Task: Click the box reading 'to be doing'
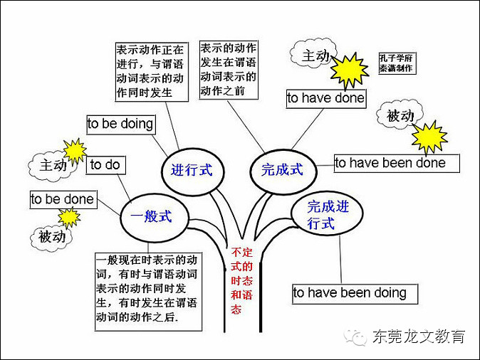(x=120, y=124)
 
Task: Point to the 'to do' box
(x=105, y=165)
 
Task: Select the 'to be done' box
(x=62, y=199)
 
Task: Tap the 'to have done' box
(x=325, y=98)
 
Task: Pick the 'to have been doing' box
(x=350, y=292)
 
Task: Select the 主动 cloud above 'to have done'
(x=314, y=55)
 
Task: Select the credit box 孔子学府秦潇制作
(x=397, y=63)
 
